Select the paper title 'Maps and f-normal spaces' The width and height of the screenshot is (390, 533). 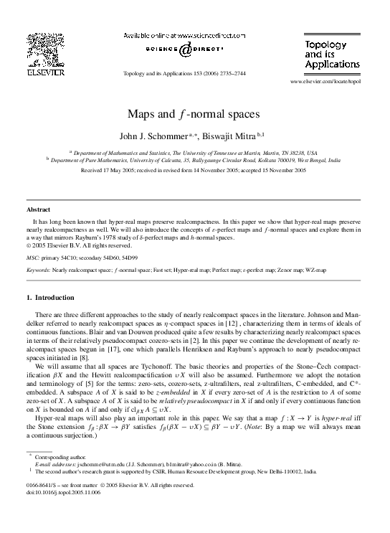[194, 114]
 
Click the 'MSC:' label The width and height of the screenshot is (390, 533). [33, 256]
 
